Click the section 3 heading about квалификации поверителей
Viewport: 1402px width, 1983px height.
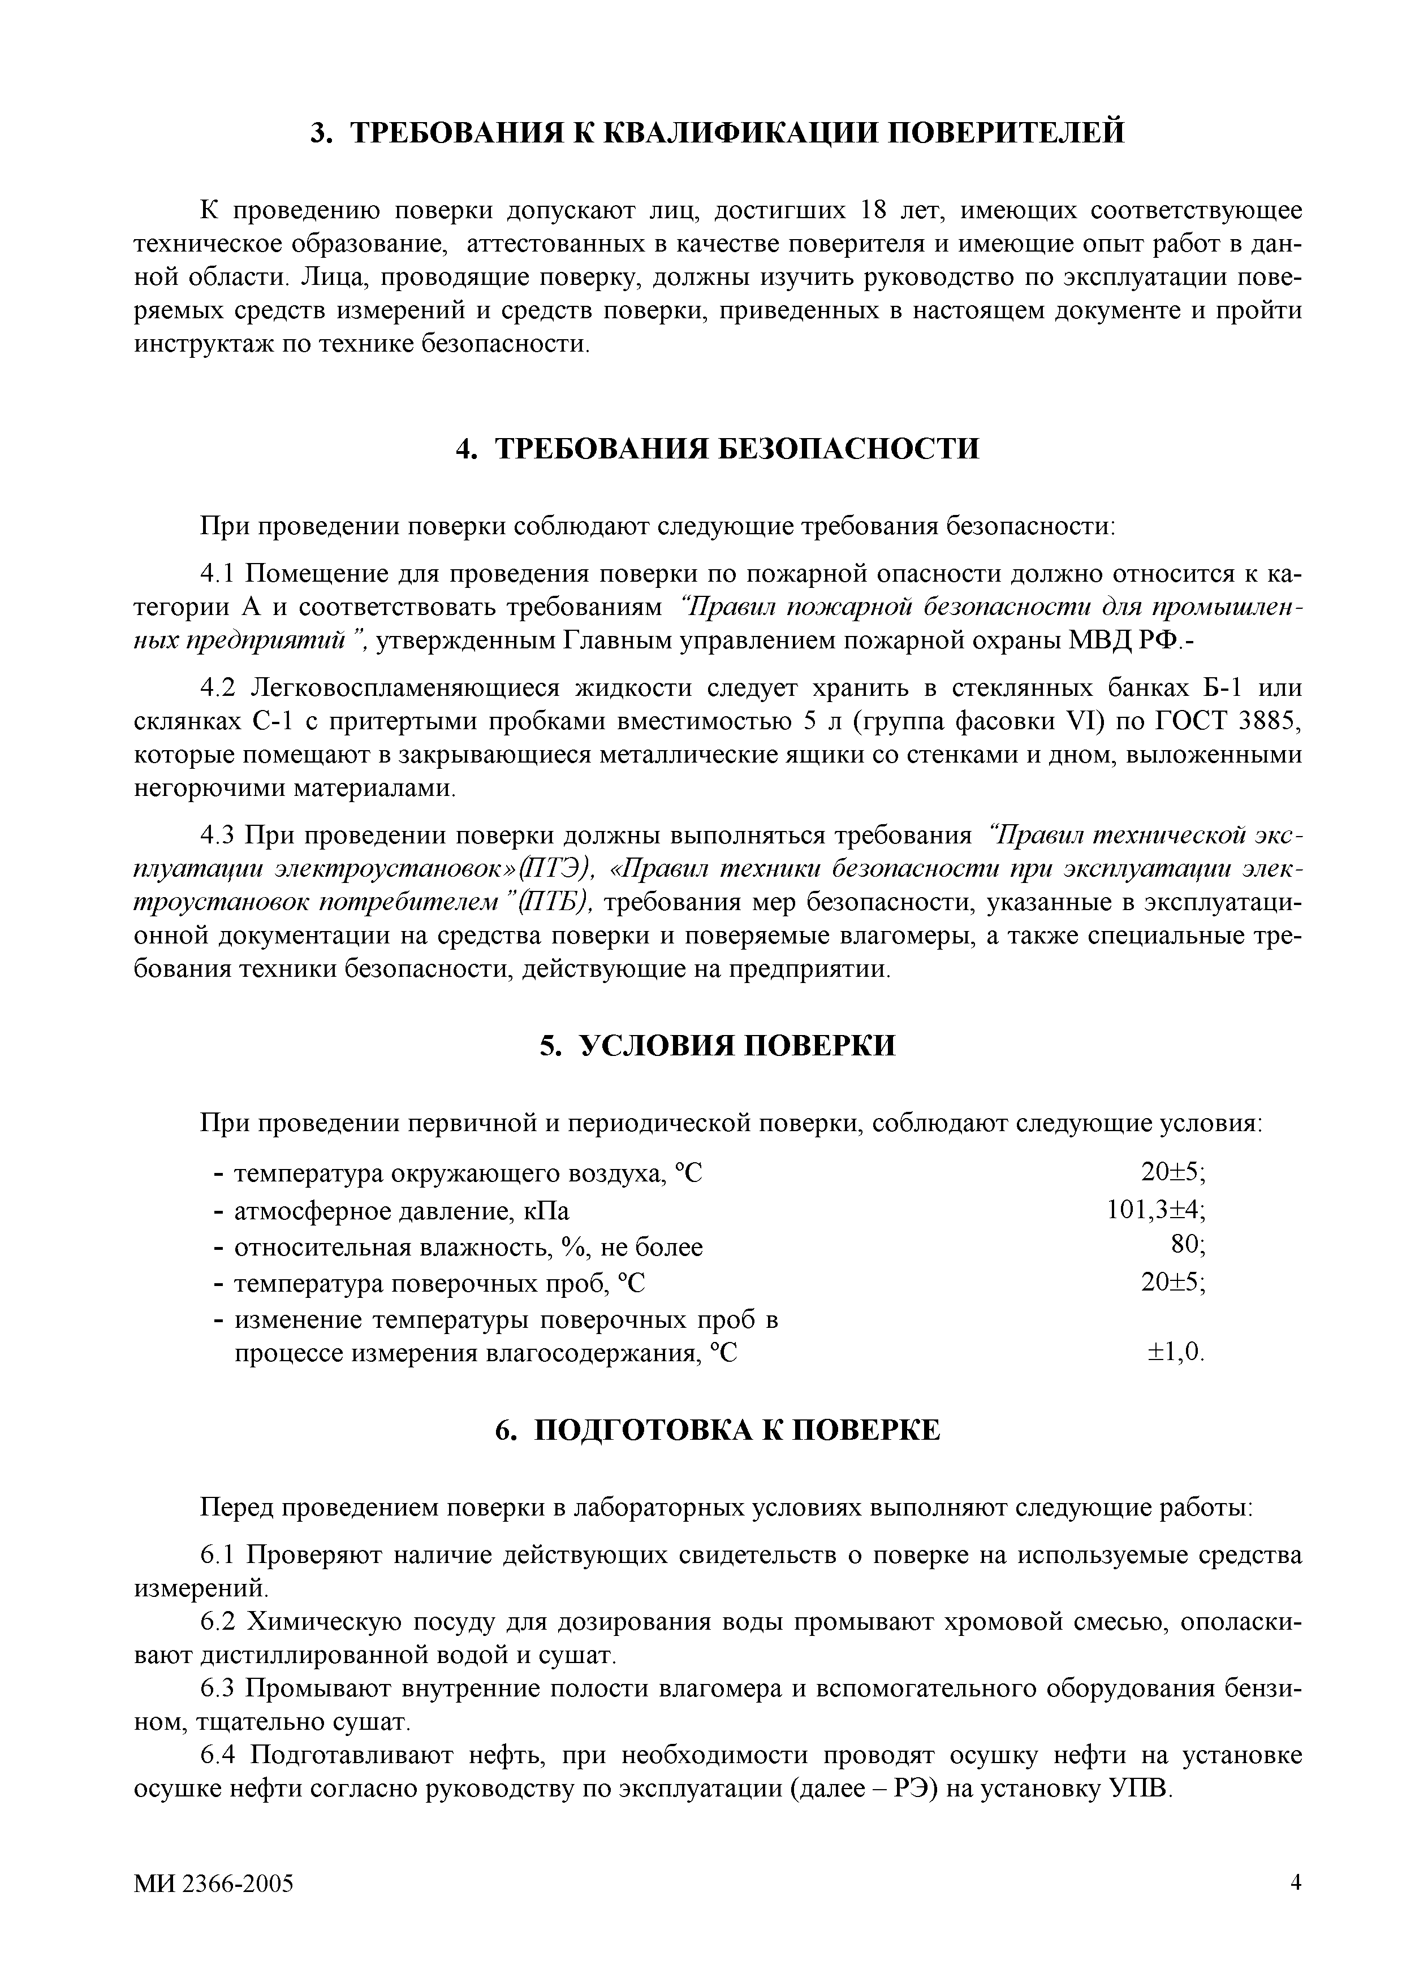tap(718, 133)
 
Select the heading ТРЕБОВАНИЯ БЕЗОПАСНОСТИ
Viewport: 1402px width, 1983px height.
tap(718, 448)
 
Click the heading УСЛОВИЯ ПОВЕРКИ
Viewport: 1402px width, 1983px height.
tap(718, 1046)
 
